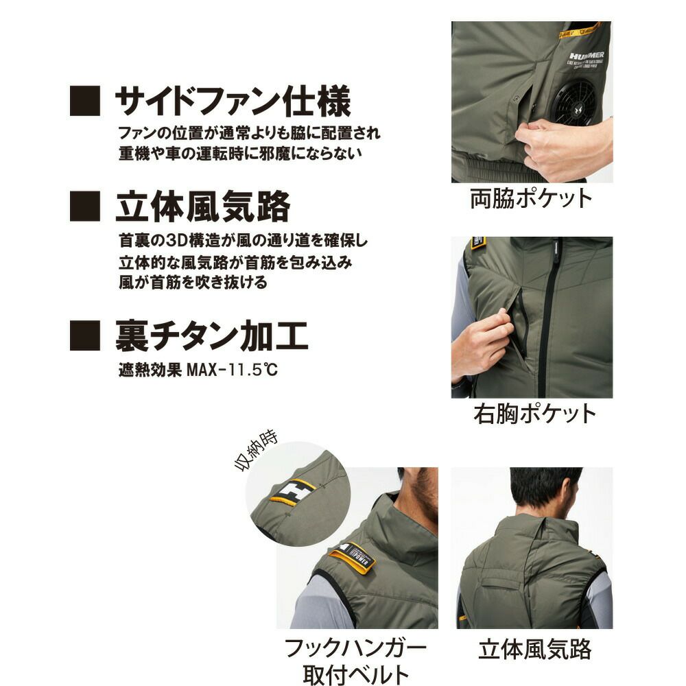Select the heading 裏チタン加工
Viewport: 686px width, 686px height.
point(211,336)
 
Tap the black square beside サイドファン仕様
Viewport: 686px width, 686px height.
point(85,102)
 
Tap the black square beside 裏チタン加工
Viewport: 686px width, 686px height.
point(85,336)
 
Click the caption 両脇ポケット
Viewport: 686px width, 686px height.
point(531,199)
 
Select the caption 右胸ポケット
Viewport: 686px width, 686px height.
point(534,414)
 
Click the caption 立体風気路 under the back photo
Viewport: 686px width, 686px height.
point(534,648)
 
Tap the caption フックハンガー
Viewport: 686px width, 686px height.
point(356,648)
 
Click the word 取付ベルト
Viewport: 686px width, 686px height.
point(356,674)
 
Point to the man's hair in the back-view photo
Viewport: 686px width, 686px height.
point(545,488)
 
